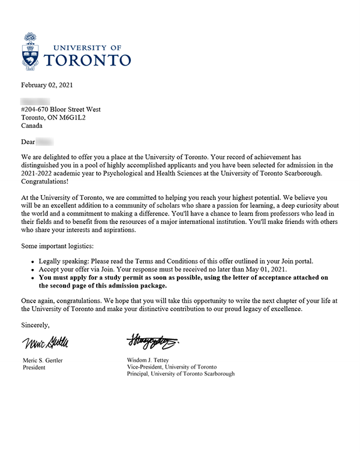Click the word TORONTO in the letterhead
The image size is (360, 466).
88,59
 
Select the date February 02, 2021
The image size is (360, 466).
47,85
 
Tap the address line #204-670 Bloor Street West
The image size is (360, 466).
61,109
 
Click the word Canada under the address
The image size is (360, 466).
32,126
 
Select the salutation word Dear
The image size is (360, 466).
28,142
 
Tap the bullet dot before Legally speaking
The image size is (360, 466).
32,261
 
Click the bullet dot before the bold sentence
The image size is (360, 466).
32,278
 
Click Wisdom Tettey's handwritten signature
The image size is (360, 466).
154,342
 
